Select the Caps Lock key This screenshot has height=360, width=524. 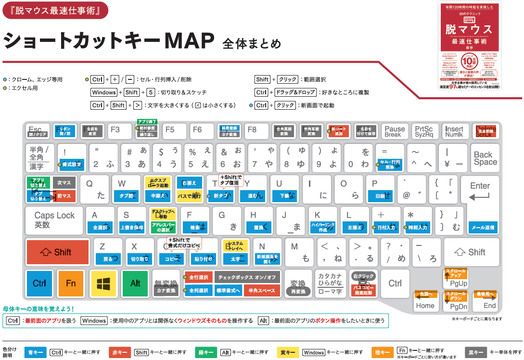[54, 220]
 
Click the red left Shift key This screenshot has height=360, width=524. [58, 252]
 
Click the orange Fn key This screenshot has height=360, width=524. [71, 283]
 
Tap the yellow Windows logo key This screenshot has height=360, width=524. [103, 283]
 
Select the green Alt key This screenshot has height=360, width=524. [135, 283]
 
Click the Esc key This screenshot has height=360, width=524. [38, 131]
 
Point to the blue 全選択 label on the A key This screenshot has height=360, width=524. [100, 228]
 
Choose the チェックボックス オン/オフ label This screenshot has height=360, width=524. [247, 278]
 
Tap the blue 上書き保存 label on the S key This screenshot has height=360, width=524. [131, 228]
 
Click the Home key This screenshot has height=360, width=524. [425, 301]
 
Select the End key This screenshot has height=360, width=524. [486, 301]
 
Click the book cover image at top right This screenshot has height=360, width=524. [470, 46]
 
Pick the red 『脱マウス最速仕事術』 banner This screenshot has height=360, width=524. [55, 10]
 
